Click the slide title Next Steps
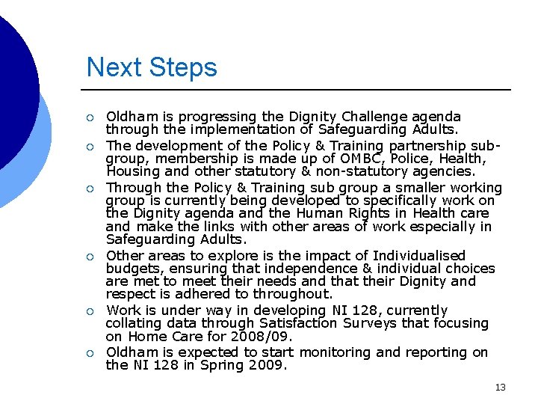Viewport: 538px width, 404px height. click(152, 67)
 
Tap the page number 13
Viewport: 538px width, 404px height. click(500, 387)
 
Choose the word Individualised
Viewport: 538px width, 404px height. click(408, 256)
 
